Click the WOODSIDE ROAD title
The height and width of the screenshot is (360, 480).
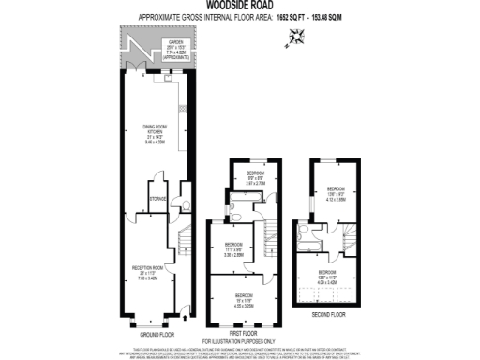coord(239,6)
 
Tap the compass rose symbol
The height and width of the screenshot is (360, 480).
coord(297,36)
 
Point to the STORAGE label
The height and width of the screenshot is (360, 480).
coord(157,197)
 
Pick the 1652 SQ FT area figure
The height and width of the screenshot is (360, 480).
coord(294,17)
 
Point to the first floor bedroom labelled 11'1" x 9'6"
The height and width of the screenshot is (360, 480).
coord(234,249)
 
